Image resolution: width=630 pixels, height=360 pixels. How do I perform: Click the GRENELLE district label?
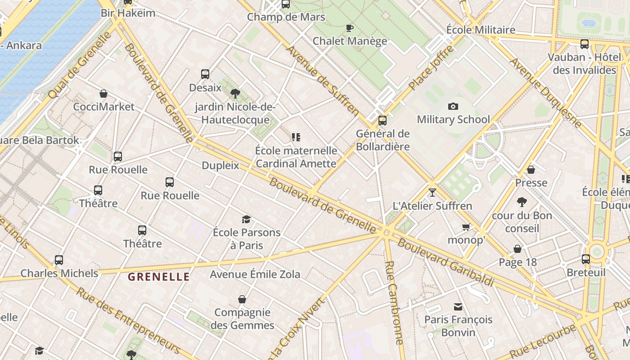click(x=159, y=277)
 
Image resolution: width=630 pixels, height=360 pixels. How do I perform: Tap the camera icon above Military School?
click(x=453, y=107)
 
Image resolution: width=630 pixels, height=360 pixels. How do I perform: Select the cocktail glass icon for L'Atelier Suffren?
click(x=432, y=193)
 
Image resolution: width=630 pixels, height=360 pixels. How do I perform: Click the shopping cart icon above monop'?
click(x=466, y=227)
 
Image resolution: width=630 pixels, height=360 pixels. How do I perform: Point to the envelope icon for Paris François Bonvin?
click(x=458, y=307)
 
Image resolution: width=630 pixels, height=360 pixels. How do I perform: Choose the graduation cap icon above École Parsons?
click(x=246, y=220)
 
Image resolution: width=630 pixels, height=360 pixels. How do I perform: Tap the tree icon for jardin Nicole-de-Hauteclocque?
click(x=235, y=94)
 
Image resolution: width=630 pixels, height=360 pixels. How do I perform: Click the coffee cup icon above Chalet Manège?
click(x=350, y=28)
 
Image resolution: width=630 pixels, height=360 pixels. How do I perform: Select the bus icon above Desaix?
click(x=205, y=74)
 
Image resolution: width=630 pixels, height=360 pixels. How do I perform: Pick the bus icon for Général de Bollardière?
click(x=382, y=121)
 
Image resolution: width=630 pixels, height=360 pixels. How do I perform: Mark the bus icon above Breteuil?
click(x=585, y=259)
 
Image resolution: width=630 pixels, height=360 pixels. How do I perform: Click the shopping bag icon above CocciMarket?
click(x=103, y=94)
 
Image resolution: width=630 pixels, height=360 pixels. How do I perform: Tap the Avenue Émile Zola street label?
click(x=255, y=274)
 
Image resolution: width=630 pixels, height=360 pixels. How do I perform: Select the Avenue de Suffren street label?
click(x=323, y=81)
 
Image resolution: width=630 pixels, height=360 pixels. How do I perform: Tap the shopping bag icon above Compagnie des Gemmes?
click(x=242, y=299)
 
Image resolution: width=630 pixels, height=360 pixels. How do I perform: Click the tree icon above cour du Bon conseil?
click(x=522, y=202)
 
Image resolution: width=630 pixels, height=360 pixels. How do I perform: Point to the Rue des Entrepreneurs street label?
click(x=128, y=320)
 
